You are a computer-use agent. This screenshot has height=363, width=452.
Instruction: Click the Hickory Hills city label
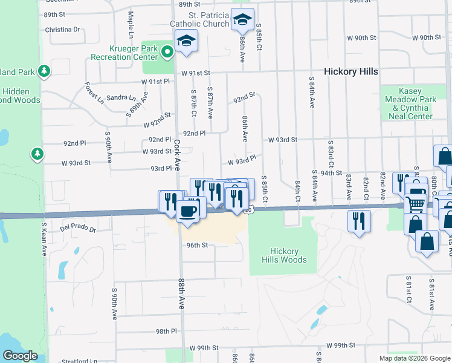point(350,71)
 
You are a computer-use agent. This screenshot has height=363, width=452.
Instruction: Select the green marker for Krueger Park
point(167,53)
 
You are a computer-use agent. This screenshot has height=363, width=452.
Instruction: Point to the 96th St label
point(197,245)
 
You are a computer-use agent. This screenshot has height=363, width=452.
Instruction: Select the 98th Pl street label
point(166,332)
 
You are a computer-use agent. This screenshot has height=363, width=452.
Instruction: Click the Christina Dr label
point(62,29)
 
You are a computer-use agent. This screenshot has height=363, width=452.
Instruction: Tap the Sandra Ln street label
point(121,97)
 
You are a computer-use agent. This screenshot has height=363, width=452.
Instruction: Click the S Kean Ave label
point(44,240)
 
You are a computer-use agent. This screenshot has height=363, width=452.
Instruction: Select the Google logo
point(20,356)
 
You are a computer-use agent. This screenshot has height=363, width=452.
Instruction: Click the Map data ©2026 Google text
point(414,358)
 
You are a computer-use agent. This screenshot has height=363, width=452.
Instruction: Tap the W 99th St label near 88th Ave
point(203,348)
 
